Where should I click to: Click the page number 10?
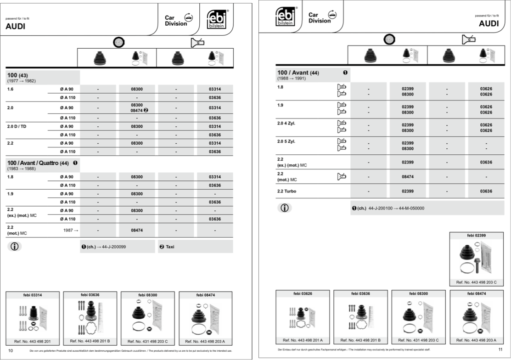[x=11, y=351]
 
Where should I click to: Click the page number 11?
[x=500, y=349]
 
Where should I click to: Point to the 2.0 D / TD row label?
[x=17, y=126]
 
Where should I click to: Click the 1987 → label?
[x=71, y=230]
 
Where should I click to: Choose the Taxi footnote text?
[x=170, y=247]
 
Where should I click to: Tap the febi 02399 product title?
[x=476, y=236]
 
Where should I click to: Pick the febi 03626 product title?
[x=303, y=294]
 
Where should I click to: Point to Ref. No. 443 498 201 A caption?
[x=303, y=340]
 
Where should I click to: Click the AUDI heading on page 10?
[x=15, y=27]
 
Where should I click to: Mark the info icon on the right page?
[x=285, y=208]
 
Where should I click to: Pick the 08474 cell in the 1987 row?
[x=137, y=230]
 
